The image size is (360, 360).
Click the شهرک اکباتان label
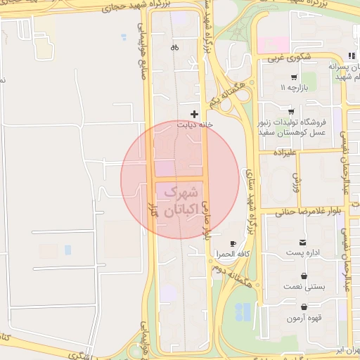coord(180,200)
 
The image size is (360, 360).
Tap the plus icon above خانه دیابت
coord(195,114)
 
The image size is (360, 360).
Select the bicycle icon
coord(174,48)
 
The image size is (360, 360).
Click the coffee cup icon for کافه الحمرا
coord(233,243)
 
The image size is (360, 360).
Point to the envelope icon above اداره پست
coord(303,242)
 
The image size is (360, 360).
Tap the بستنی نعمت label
coord(303,287)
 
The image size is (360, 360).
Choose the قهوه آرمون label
coord(304,318)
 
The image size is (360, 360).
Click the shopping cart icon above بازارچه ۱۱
coord(293,77)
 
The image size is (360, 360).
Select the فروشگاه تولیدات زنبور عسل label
coord(290,127)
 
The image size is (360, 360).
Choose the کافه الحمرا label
coord(234,253)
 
